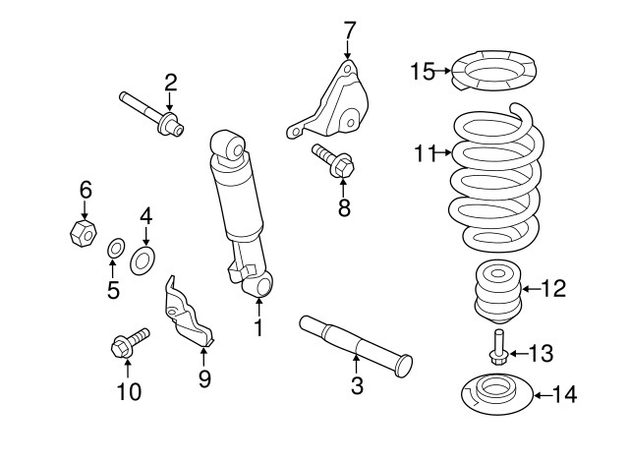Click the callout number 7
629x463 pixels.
click(349, 29)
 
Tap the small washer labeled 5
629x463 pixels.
click(114, 246)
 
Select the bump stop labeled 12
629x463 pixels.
click(496, 291)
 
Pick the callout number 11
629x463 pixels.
click(424, 152)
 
